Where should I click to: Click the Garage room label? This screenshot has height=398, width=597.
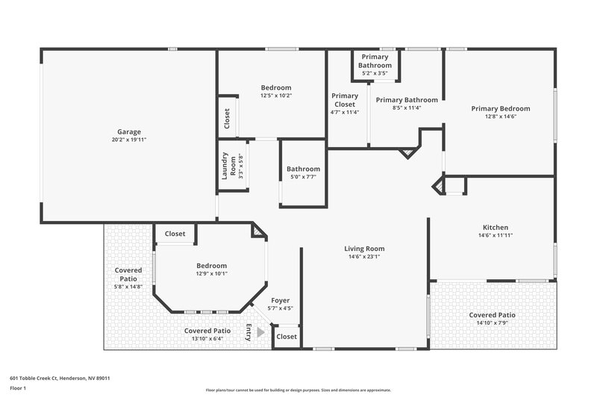pyautogui.click(x=129, y=131)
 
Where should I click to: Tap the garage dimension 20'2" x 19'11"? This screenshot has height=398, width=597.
pyautogui.click(x=129, y=140)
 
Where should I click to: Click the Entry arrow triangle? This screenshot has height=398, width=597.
pyautogui.click(x=260, y=332)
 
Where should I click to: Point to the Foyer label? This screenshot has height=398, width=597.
pyautogui.click(x=281, y=300)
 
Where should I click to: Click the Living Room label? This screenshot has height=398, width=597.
pyautogui.click(x=364, y=249)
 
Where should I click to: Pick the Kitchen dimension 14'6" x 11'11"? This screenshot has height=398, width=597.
pyautogui.click(x=496, y=235)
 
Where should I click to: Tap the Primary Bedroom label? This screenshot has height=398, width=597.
pyautogui.click(x=500, y=108)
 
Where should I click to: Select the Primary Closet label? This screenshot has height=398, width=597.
pyautogui.click(x=345, y=100)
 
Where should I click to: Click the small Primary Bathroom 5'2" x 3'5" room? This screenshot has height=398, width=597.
pyautogui.click(x=376, y=65)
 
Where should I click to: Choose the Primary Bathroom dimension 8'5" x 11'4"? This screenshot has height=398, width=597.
pyautogui.click(x=407, y=108)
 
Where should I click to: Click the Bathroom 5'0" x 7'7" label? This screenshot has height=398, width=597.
pyautogui.click(x=304, y=169)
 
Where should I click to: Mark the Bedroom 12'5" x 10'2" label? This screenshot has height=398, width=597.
pyautogui.click(x=276, y=87)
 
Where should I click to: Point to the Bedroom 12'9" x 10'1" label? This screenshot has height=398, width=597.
pyautogui.click(x=211, y=265)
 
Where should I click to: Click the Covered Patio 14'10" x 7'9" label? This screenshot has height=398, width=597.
pyautogui.click(x=492, y=315)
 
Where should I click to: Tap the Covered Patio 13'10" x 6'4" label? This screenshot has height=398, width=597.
pyautogui.click(x=207, y=330)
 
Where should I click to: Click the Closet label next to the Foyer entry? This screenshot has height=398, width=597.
pyautogui.click(x=287, y=336)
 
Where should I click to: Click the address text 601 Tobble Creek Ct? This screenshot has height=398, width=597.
pyautogui.click(x=60, y=378)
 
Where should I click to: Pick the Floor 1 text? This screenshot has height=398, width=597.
pyautogui.click(x=18, y=388)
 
